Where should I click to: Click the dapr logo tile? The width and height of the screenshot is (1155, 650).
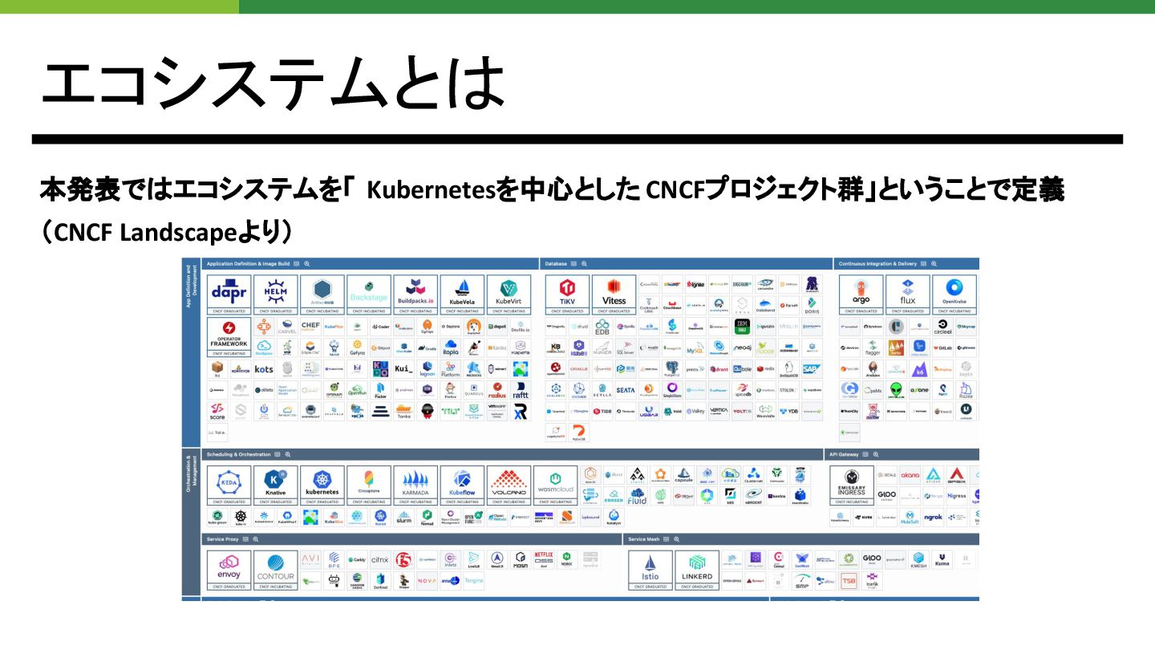229,294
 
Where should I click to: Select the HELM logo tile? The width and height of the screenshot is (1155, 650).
275,294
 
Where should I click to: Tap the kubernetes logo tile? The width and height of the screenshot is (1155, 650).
322,485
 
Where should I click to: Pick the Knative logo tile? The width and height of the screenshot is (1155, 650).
275,485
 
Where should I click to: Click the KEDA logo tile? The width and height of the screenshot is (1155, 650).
229,485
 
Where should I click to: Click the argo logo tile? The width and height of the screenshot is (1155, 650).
861,294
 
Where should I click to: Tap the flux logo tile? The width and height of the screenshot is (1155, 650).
907,294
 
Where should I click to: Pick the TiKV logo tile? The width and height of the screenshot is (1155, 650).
567,294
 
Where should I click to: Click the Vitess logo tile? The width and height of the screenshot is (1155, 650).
614,294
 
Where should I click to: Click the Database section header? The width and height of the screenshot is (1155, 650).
556,263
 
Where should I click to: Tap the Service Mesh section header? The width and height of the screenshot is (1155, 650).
648,539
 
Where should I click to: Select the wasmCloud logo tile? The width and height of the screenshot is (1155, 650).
555,485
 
